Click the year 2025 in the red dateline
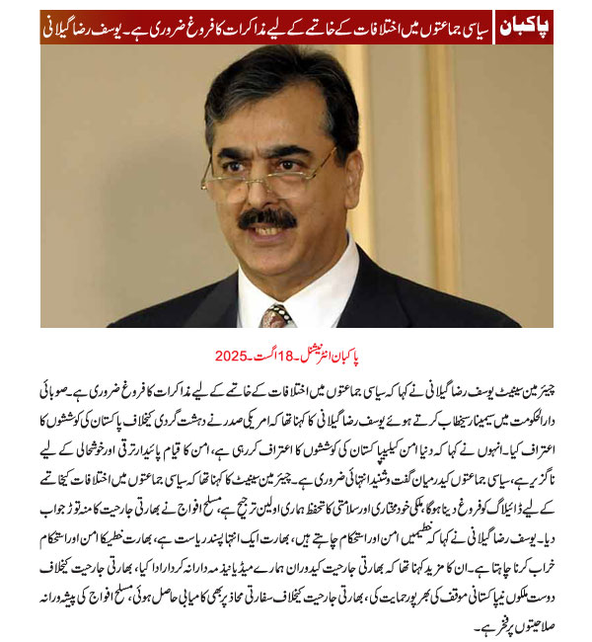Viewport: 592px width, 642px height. (x=231, y=355)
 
